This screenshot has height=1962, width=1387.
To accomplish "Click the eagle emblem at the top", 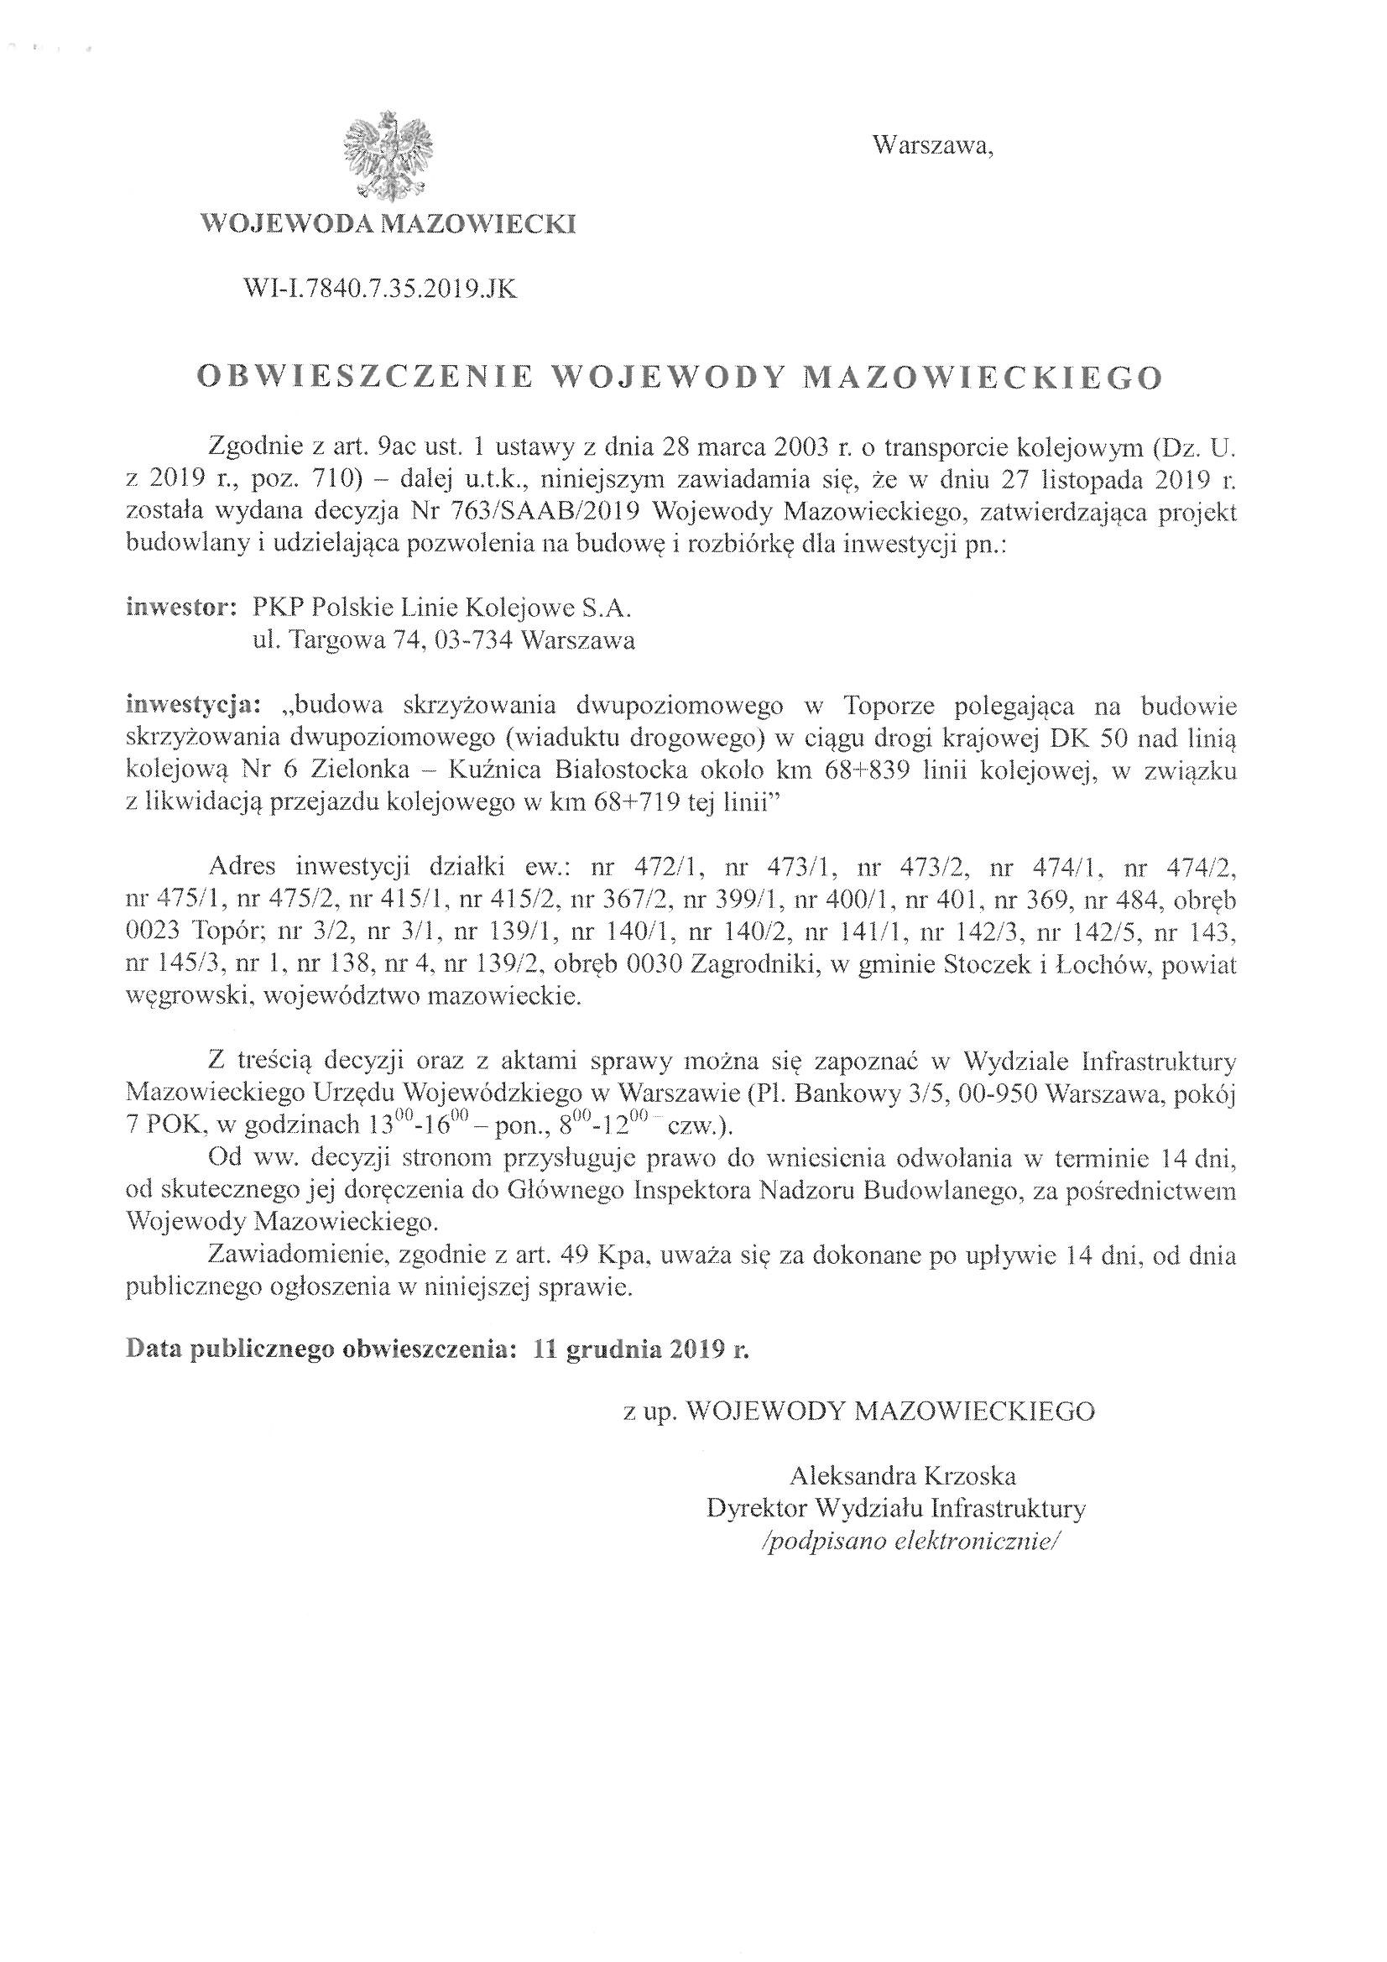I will tap(387, 155).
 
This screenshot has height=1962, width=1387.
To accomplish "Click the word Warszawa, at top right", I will tap(932, 147).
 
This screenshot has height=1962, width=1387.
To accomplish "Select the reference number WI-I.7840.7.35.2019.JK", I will tap(380, 290).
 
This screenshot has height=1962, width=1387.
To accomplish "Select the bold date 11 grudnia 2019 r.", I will tap(640, 1350).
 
